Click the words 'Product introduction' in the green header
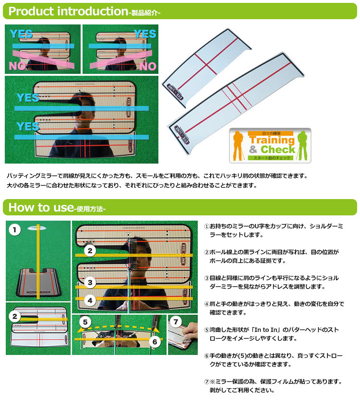tap(68, 11)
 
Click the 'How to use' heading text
tap(41, 207)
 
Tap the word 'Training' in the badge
tap(272, 140)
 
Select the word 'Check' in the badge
tap(278, 149)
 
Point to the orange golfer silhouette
tap(238, 146)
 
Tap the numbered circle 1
tap(14, 230)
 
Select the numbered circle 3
tap(90, 283)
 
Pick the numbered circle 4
tap(90, 300)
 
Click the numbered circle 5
tap(85, 322)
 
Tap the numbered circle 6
tap(155, 342)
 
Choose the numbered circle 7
tap(176, 321)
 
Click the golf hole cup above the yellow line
tap(37, 228)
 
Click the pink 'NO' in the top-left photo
tap(17, 66)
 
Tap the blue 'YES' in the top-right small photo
tap(145, 34)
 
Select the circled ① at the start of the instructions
tap(207, 226)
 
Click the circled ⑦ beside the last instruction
tap(207, 382)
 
